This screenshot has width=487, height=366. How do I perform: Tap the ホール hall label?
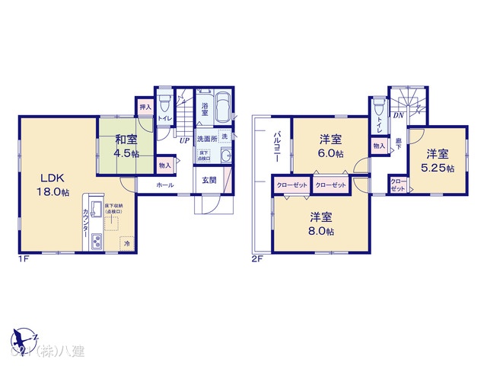click(165, 185)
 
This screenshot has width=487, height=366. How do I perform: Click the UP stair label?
click(184, 140)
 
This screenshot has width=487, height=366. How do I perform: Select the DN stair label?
click(398, 115)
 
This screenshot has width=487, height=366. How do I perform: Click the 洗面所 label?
click(206, 139)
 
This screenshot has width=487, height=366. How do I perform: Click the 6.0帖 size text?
click(329, 153)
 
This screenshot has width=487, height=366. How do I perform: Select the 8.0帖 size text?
click(321, 232)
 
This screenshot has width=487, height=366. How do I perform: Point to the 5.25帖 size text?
click(440, 169)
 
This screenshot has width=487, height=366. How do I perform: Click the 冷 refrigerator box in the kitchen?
click(126, 244)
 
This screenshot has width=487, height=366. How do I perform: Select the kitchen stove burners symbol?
click(97, 242)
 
